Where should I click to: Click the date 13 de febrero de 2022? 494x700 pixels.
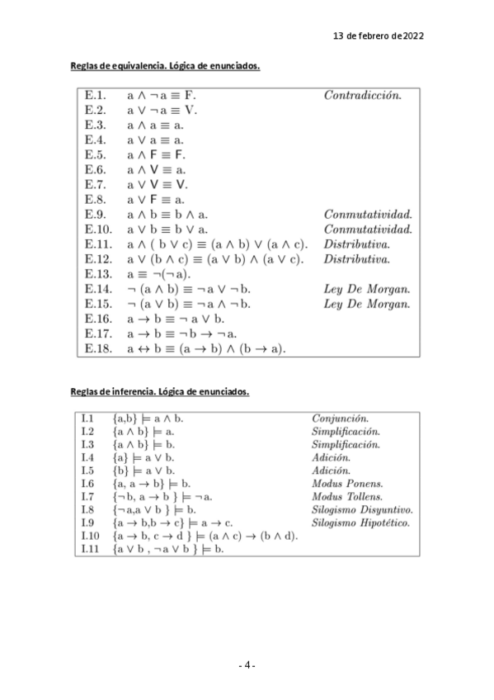coord(378,36)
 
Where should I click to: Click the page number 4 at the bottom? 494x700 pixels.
coord(247,665)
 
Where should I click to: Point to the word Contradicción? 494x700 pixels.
coord(362,95)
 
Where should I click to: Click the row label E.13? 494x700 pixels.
coord(98,274)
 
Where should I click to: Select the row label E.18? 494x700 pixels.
coord(98,348)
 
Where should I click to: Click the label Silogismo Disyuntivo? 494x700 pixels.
coord(361,509)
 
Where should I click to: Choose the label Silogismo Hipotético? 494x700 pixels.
coord(360,523)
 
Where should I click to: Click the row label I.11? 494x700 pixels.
coord(90,549)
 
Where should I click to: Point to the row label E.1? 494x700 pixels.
coord(95,95)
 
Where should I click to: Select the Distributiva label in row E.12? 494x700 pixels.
coord(356,259)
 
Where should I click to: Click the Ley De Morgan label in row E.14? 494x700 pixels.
coord(366,290)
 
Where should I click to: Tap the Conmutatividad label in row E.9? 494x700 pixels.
coord(367,215)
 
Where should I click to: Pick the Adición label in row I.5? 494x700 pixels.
coord(331,470)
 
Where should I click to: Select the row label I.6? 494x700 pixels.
coord(88,483)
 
